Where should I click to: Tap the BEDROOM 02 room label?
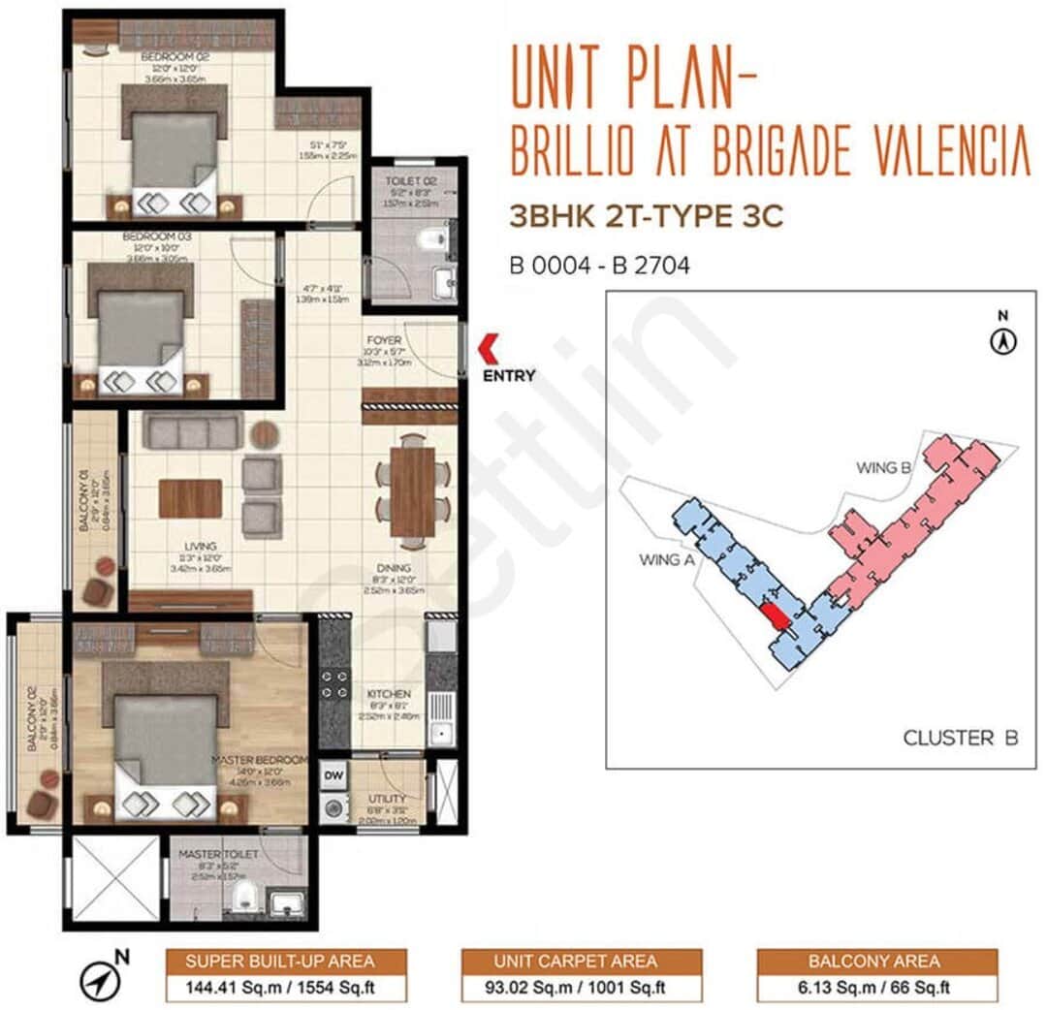tap(168, 57)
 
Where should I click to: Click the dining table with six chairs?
tap(414, 490)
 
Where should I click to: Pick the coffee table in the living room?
tap(191, 499)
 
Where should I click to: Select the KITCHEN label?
tap(389, 694)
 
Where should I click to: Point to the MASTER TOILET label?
tap(218, 854)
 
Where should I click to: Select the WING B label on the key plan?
tap(882, 468)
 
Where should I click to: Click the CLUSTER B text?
tap(960, 739)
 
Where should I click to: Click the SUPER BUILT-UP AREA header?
tap(280, 962)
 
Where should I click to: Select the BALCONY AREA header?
tap(876, 962)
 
